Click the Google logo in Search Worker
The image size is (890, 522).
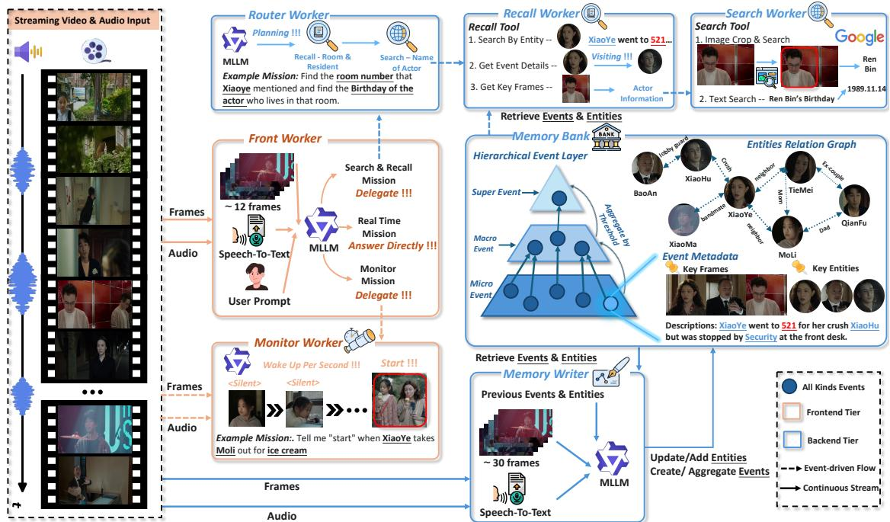[x=860, y=37]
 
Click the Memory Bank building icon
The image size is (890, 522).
[x=607, y=136]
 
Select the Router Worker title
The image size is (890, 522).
[x=288, y=14]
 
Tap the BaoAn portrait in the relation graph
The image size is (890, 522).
[x=646, y=168]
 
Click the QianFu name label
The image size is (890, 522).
[x=853, y=223]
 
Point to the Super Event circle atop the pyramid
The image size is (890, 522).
[x=559, y=199]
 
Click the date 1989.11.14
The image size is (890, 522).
[x=866, y=88]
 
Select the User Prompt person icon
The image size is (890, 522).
[x=257, y=277]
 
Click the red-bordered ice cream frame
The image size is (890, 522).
[x=399, y=400]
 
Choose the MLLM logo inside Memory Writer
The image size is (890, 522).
[x=612, y=459]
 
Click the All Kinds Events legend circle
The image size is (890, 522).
[x=789, y=386]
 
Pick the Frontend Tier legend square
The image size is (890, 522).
[x=791, y=412]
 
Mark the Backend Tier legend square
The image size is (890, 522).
[x=791, y=440]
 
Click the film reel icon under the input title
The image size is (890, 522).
[x=95, y=51]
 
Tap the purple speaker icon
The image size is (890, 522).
[x=28, y=52]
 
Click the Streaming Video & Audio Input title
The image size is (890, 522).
[x=82, y=21]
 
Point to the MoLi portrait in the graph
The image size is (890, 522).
[x=787, y=232]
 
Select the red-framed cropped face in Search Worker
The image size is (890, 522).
[x=799, y=67]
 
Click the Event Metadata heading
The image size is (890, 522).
[x=700, y=257]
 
